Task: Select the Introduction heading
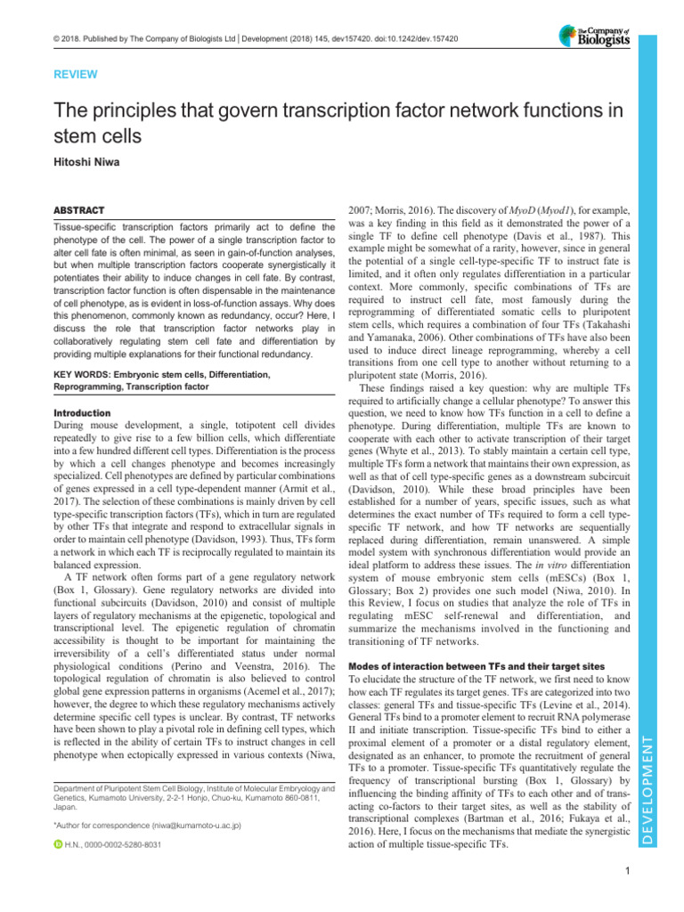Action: [x=69, y=413]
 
